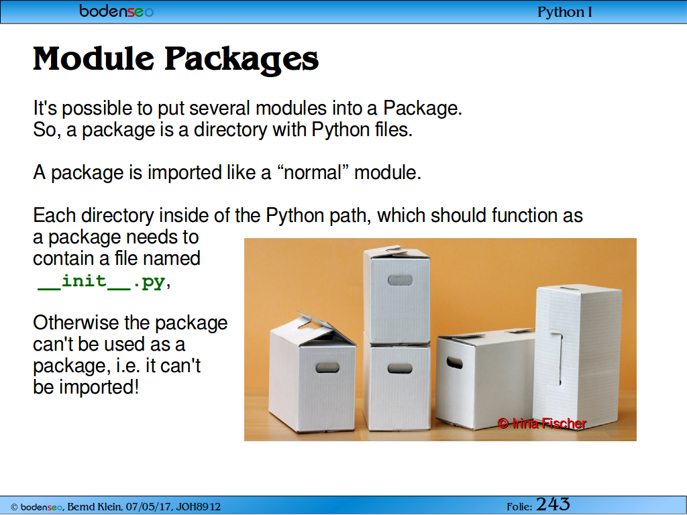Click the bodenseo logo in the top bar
click(116, 11)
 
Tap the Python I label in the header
click(565, 12)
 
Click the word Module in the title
click(93, 58)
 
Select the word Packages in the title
click(242, 60)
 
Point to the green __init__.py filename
click(101, 281)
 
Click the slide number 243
click(553, 504)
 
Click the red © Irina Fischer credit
click(542, 423)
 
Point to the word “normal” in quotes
click(313, 172)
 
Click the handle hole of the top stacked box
click(400, 280)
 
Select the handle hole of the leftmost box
click(327, 367)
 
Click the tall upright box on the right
click(577, 357)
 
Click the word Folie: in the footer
click(519, 507)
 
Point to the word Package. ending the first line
click(423, 108)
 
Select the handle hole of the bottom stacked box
click(400, 368)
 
